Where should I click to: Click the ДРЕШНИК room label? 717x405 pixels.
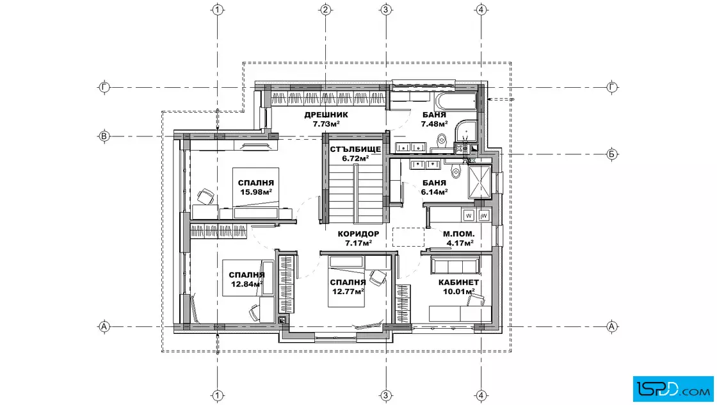click(x=326, y=115)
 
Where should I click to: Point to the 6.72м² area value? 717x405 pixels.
click(x=355, y=158)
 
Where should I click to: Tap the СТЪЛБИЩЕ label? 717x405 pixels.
click(x=355, y=149)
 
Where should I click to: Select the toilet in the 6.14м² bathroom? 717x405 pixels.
click(x=455, y=170)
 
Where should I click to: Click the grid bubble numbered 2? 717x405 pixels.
click(x=325, y=10)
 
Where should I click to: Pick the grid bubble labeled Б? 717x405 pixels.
click(x=612, y=154)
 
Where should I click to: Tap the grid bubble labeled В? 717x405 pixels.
click(x=104, y=136)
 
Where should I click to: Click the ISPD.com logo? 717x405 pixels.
click(x=673, y=389)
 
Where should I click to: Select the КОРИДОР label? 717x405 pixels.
click(x=358, y=234)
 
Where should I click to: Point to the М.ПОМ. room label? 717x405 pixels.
click(x=458, y=234)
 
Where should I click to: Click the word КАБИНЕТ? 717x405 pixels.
click(x=458, y=283)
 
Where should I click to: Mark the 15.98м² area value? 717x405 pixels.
click(x=256, y=192)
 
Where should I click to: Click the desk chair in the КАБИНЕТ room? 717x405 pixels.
click(x=476, y=299)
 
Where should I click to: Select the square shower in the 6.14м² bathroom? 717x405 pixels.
click(x=479, y=182)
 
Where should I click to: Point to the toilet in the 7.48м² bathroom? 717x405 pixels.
click(x=441, y=140)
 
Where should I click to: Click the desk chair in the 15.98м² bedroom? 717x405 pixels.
click(x=206, y=196)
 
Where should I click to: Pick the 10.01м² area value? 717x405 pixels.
click(x=458, y=292)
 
